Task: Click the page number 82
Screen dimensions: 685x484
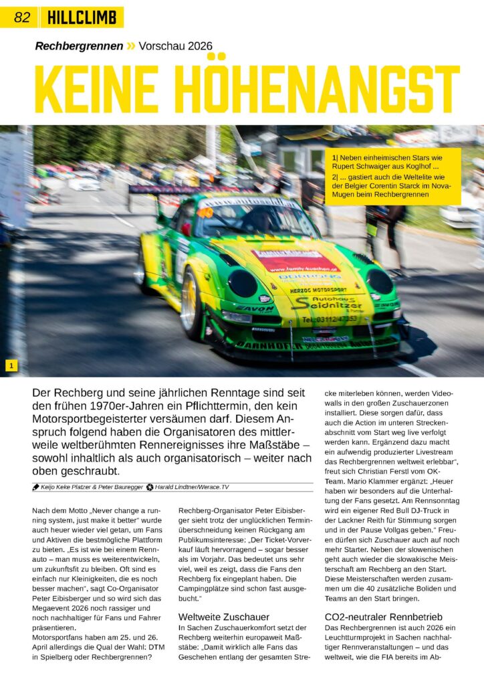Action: click(22, 18)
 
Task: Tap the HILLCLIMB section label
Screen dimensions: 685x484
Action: click(82, 18)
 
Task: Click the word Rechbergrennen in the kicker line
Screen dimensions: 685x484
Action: click(79, 46)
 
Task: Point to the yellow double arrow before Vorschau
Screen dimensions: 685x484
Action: click(131, 46)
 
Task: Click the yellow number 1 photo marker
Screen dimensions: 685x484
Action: click(11, 365)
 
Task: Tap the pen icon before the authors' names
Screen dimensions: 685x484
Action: click(35, 487)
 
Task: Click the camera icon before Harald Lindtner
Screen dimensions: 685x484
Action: click(150, 487)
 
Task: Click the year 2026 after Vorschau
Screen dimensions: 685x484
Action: click(198, 46)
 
